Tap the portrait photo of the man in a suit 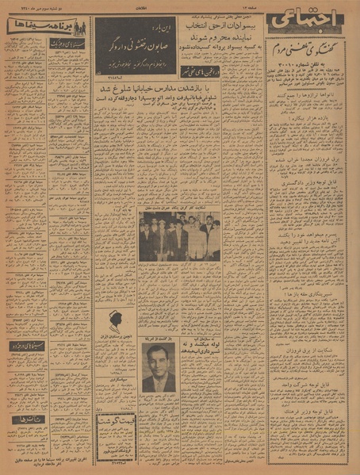pyautogui.click(x=159, y=369)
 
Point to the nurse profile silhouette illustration pyautogui.click(x=116, y=323)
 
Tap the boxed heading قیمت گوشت pyautogui.click(x=116, y=419)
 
